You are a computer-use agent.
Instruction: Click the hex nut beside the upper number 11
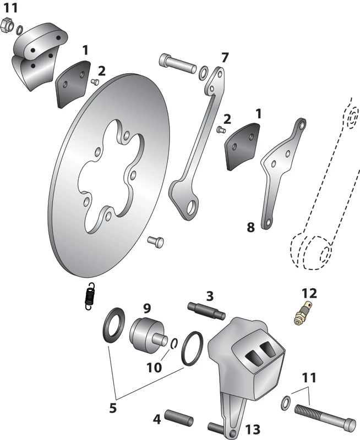click(x=8, y=25)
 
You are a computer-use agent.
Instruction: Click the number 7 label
click(x=224, y=57)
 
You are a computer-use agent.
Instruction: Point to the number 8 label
click(x=250, y=227)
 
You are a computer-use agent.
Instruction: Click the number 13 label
click(x=253, y=428)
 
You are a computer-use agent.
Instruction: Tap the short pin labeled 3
click(x=209, y=311)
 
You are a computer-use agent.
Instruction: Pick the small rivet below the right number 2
click(x=221, y=130)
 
